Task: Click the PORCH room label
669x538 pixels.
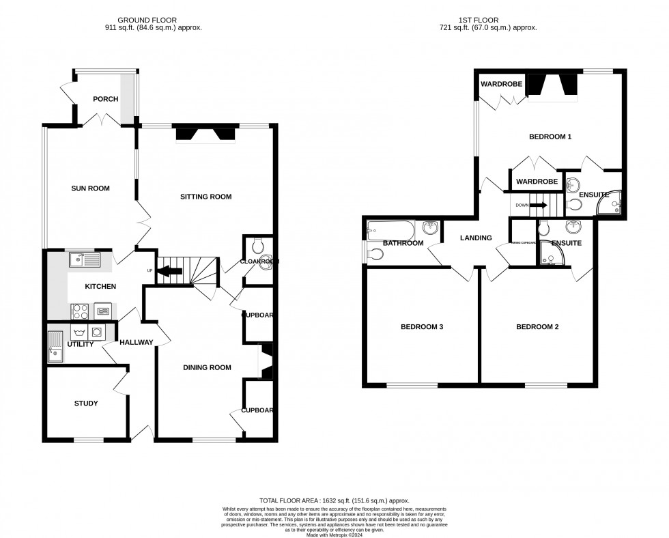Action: (106, 99)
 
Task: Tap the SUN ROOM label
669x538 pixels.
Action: (91, 188)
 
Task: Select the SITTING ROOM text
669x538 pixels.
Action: (205, 197)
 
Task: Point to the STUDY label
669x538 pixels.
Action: (86, 403)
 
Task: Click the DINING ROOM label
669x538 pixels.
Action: (207, 367)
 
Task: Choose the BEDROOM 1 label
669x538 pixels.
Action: (550, 137)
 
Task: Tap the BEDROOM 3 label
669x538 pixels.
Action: (422, 327)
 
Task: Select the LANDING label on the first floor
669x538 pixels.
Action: (476, 238)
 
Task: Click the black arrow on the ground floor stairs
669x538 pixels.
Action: (170, 271)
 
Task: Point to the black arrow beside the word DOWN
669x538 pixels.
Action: (539, 204)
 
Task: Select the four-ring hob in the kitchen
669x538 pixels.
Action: (79, 311)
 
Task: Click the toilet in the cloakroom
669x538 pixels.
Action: (255, 245)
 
